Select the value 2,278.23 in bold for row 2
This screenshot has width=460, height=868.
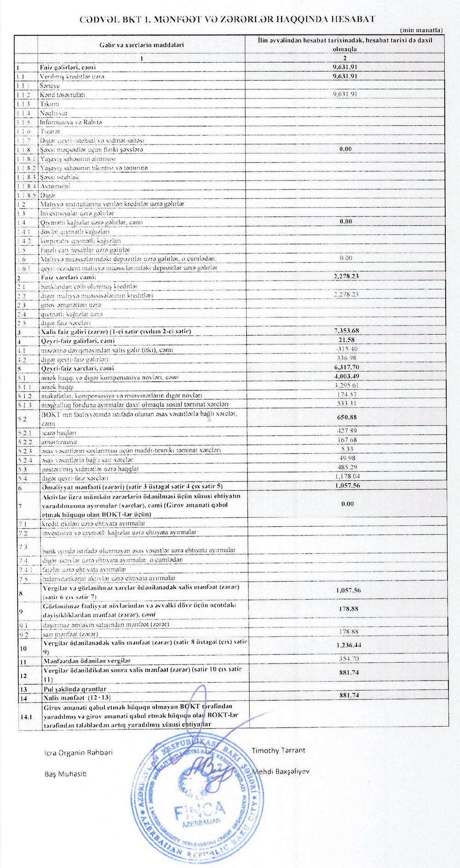[345, 276]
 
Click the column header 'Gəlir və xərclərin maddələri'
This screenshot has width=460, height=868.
[141, 45]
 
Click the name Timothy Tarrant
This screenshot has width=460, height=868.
[278, 750]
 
